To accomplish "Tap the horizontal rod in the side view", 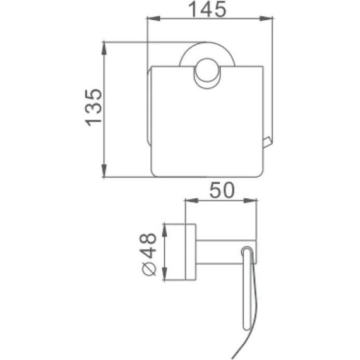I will tap(224, 251).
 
